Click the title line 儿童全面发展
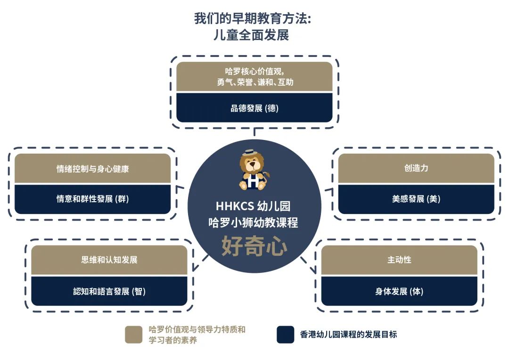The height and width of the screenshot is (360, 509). click(x=251, y=35)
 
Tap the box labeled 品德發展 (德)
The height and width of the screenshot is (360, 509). click(x=254, y=108)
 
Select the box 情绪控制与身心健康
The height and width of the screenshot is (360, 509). click(x=92, y=168)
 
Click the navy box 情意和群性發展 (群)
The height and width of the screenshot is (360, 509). click(x=92, y=199)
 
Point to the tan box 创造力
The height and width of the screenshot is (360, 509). click(x=416, y=168)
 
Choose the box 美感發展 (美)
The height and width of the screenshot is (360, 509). click(x=416, y=199)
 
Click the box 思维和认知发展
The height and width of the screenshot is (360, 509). click(x=109, y=260)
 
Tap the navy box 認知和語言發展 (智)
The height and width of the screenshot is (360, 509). click(x=109, y=291)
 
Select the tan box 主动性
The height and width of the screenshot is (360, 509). click(x=399, y=260)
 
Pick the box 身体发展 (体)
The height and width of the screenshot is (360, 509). click(x=399, y=291)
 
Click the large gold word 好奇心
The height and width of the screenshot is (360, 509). click(x=254, y=246)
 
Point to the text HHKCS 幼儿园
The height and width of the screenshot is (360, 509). click(x=253, y=206)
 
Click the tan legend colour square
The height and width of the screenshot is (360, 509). click(x=133, y=335)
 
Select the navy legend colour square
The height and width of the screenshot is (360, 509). click(x=285, y=335)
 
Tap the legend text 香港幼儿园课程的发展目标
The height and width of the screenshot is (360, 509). click(x=348, y=335)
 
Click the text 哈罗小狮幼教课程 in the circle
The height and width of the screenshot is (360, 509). click(x=253, y=223)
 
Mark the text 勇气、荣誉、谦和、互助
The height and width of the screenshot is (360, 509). click(x=255, y=82)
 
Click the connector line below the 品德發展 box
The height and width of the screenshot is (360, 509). click(x=254, y=132)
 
